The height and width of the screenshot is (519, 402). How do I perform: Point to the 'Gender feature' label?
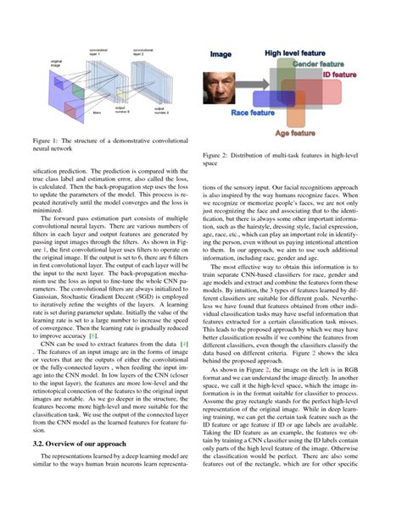coord(321,63)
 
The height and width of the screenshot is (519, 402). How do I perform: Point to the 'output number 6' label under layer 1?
coord(120,110)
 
